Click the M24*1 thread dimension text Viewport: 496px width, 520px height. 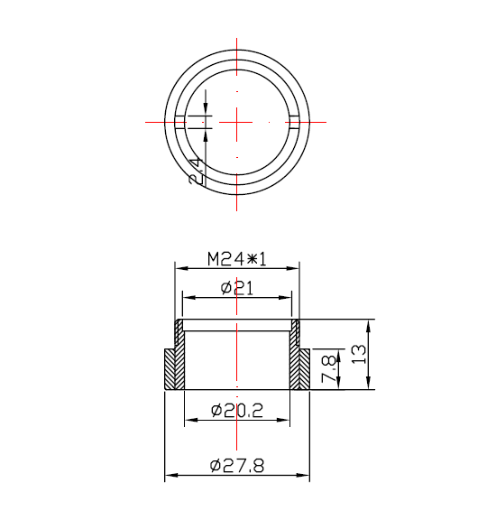[x=236, y=258]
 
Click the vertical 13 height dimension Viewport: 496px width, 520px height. [x=360, y=355]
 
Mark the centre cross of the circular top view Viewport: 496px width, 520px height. [x=237, y=121]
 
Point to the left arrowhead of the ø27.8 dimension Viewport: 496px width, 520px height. [x=169, y=477]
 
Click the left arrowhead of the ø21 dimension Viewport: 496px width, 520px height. [x=187, y=296]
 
